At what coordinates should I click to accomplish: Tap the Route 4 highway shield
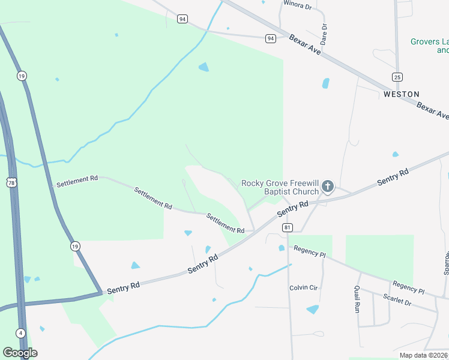pyautogui.click(x=20, y=333)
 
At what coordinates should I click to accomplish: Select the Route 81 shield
pyautogui.click(x=288, y=227)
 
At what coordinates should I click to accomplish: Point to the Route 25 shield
pyautogui.click(x=397, y=77)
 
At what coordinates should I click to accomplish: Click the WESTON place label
pyautogui.click(x=402, y=94)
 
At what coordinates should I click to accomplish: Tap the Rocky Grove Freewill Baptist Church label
pyautogui.click(x=280, y=187)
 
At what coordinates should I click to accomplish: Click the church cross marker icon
pyautogui.click(x=328, y=187)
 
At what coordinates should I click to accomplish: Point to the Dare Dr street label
pyautogui.click(x=324, y=34)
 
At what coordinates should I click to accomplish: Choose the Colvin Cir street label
pyautogui.click(x=304, y=287)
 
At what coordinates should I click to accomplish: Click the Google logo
pyautogui.click(x=20, y=353)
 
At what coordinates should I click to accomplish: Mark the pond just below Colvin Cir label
pyautogui.click(x=313, y=309)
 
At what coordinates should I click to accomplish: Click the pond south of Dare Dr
pyautogui.click(x=326, y=83)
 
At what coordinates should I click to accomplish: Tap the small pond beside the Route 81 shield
pyautogui.click(x=281, y=248)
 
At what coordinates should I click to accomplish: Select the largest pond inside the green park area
pyautogui.click(x=203, y=67)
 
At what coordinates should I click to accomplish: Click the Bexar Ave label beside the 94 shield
pyautogui.click(x=306, y=44)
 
